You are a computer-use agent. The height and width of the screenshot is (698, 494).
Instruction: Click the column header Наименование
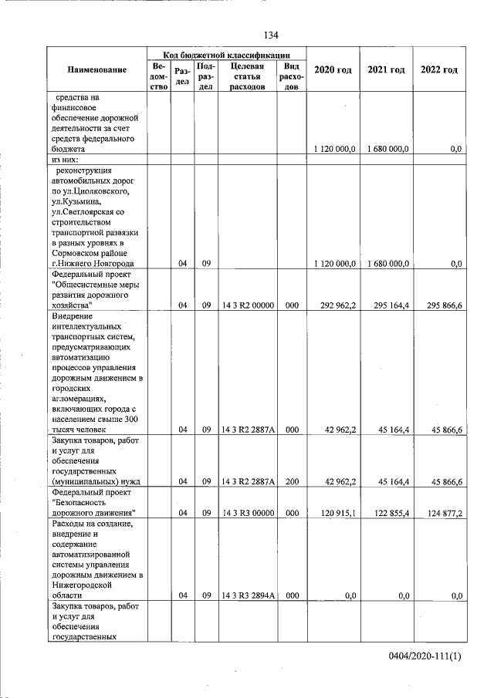tap(96, 70)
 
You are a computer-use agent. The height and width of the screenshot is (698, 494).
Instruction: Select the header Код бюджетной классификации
tap(227, 55)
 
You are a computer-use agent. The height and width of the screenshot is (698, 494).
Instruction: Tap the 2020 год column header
tap(333, 70)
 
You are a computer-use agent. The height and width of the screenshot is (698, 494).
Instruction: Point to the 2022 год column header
tap(438, 70)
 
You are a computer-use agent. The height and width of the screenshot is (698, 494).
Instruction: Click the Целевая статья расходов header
tap(248, 77)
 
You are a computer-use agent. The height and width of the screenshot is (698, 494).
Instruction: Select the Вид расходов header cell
tap(293, 77)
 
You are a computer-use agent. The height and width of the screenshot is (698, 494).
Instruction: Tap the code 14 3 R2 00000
tap(248, 305)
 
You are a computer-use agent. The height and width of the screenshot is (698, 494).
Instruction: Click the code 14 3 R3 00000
tap(248, 512)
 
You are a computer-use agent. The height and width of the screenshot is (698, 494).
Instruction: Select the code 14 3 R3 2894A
tap(248, 595)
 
